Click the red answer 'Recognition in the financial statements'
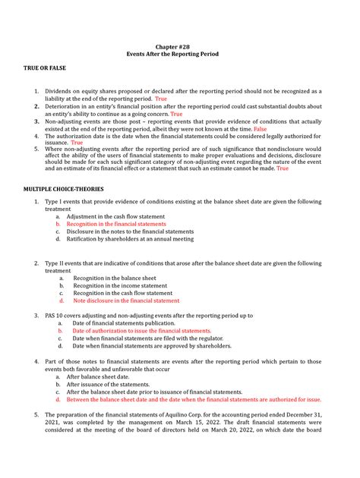[116, 224]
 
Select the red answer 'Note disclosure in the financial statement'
[126, 300]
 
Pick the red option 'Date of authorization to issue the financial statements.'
[141, 331]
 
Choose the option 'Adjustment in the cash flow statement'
[112, 216]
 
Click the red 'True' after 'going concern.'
[176, 115]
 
